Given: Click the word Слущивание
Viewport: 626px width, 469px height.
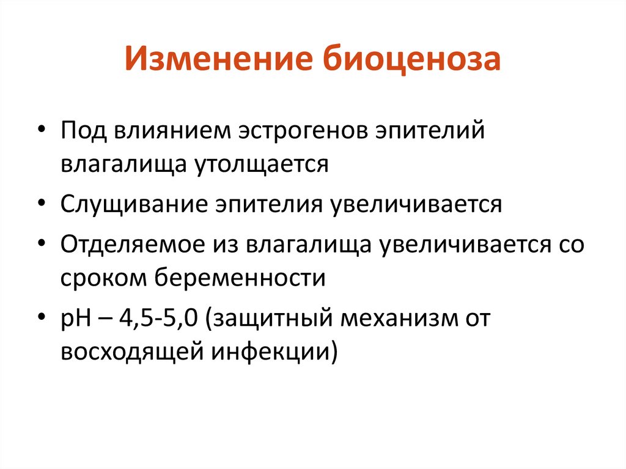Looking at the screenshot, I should click(131, 204).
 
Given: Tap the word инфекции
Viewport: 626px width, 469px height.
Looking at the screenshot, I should click(267, 352).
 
